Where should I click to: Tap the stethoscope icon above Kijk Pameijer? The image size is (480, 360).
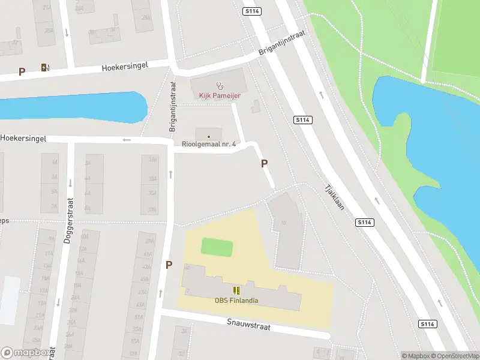[x=220, y=86]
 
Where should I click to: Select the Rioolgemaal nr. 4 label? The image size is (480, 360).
[x=209, y=144]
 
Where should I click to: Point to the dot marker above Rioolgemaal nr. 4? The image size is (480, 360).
[x=209, y=134]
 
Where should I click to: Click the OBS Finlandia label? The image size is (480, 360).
[x=236, y=301]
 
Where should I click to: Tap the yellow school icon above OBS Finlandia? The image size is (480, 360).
[x=237, y=290]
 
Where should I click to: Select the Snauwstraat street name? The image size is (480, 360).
[x=248, y=324]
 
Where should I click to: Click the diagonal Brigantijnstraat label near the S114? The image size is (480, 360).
[x=281, y=44]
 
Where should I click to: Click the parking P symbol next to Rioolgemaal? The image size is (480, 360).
[x=264, y=163]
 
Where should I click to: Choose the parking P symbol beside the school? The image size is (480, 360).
[x=169, y=265]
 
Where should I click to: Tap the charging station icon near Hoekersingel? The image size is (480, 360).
[x=44, y=67]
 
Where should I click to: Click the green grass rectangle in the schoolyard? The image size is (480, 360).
[x=217, y=247]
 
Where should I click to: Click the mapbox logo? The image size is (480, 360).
[x=26, y=353]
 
